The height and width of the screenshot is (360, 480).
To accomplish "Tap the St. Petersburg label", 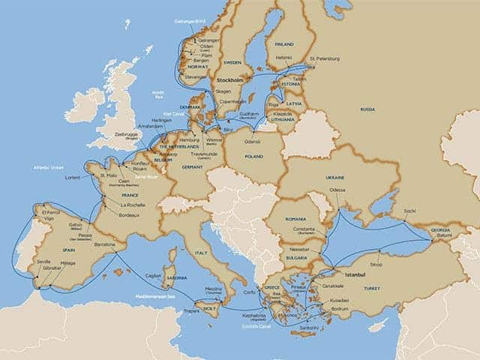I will click(324, 58).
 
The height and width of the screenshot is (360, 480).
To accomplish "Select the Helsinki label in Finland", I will click(283, 57).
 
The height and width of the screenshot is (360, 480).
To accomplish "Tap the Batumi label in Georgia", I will click(445, 235).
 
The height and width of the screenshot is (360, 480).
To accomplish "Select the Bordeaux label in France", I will click(129, 216).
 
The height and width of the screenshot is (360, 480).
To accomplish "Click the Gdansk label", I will click(251, 141).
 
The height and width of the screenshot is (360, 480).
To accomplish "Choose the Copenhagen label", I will click(228, 100).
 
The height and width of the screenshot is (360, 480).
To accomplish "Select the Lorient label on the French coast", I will click(73, 178).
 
